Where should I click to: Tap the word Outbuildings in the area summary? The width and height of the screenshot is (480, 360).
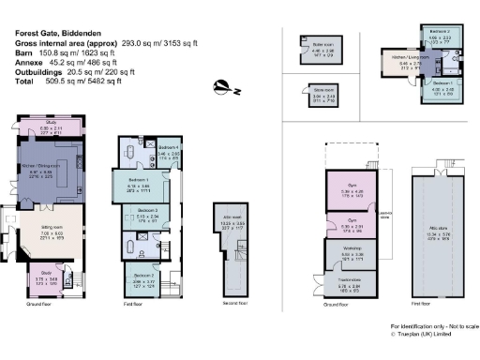(x=37, y=73)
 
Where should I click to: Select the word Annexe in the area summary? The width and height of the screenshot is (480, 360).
(x=28, y=65)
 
